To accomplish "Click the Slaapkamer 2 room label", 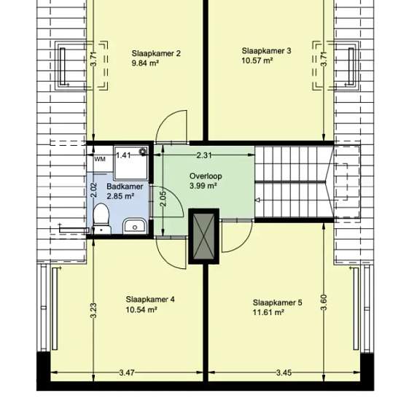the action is [x=156, y=53].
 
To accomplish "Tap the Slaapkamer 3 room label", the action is [x=266, y=51].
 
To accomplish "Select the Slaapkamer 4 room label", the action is [x=150, y=300].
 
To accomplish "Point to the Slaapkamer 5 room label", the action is [x=278, y=303].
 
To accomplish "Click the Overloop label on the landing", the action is [x=206, y=176].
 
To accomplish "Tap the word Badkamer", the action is [x=125, y=187].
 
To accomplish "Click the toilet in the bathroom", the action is [x=101, y=218].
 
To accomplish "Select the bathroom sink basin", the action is [x=135, y=226].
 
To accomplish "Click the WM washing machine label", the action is [x=100, y=159].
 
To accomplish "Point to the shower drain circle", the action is [x=142, y=152].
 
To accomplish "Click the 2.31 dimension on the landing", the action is [x=204, y=155].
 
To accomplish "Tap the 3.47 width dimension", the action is [x=127, y=373].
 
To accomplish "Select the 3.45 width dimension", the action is [x=284, y=373].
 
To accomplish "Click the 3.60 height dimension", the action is [x=324, y=303].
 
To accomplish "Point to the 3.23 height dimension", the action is [x=93, y=311].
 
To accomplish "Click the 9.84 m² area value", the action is [x=145, y=63].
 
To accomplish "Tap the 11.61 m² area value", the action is [x=268, y=313].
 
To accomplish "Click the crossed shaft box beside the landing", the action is [x=204, y=236].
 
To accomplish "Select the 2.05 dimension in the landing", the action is [x=163, y=199].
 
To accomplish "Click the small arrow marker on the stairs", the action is [x=258, y=200].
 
